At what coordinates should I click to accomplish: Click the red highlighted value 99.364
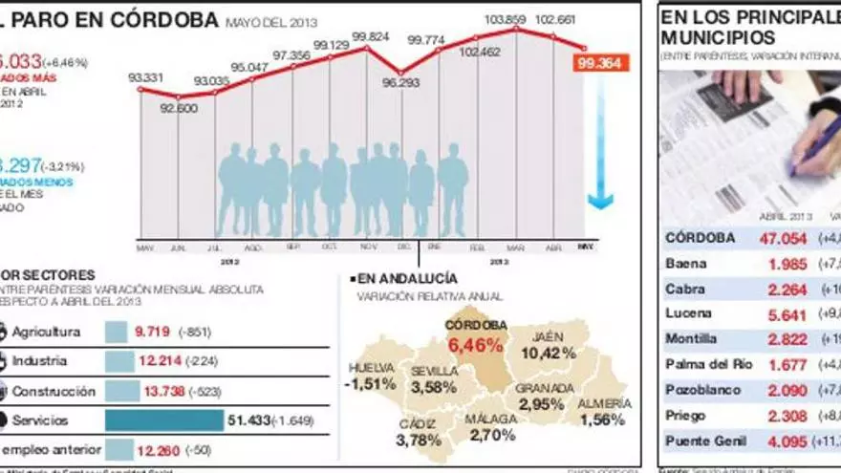point(600,64)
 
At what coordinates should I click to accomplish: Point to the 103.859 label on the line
point(507,19)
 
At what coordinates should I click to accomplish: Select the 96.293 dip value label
point(400,83)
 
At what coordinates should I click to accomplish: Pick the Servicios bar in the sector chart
point(163,420)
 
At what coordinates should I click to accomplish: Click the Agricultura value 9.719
point(152,332)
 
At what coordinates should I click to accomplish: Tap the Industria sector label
point(39,361)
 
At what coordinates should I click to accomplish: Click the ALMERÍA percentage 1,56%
point(602,419)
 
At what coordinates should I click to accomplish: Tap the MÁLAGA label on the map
point(490,419)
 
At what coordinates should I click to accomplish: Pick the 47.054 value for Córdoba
point(783,238)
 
